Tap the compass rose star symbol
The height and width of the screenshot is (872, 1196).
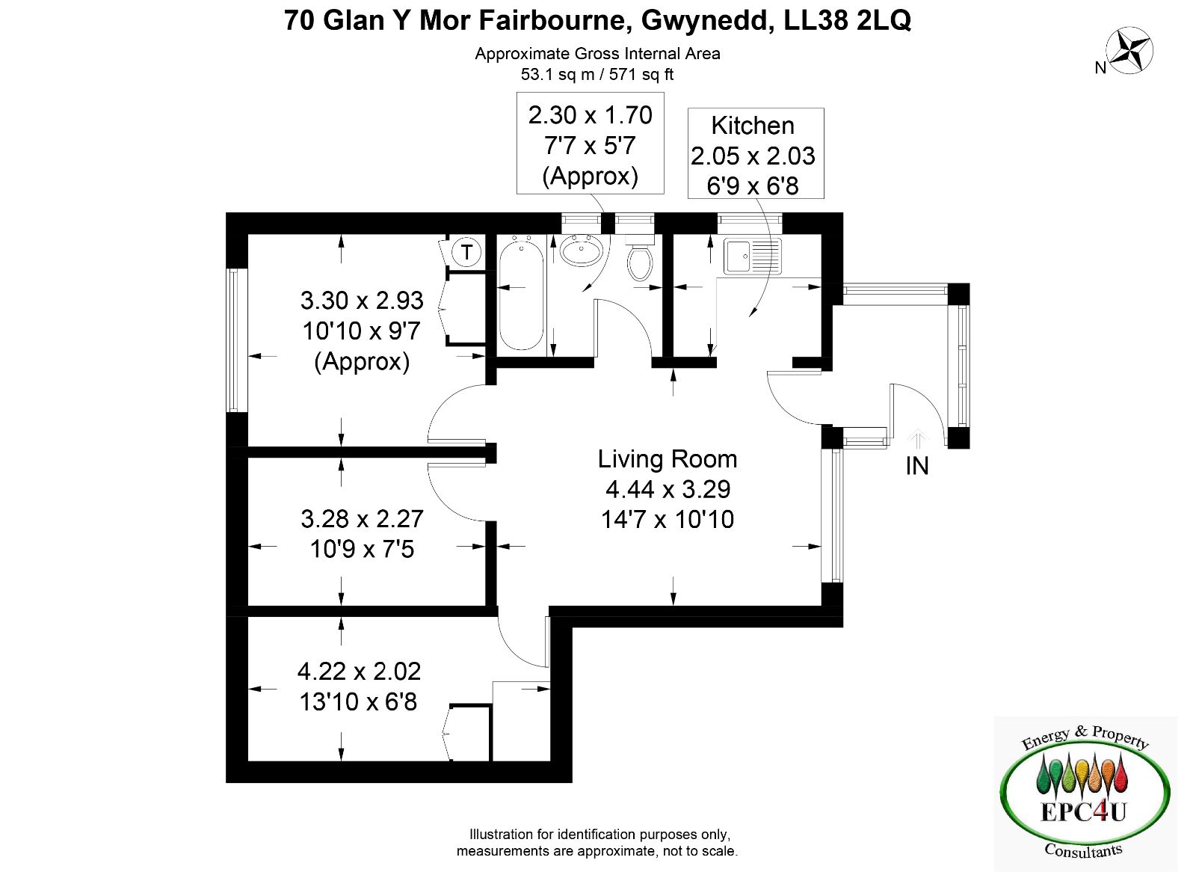[1129, 52]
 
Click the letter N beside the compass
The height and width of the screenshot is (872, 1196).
[1100, 68]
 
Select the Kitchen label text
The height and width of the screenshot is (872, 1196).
[753, 126]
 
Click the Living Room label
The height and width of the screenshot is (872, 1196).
[668, 459]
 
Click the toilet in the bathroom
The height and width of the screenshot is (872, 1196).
[639, 259]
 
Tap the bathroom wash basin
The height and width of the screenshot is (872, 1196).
[582, 250]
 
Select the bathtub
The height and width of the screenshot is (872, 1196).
[521, 295]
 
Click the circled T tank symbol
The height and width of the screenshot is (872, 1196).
[466, 252]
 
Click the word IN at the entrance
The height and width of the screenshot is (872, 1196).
[917, 467]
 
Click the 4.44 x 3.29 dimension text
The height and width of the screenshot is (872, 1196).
[668, 489]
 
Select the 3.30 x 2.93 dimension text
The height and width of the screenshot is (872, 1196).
[362, 301]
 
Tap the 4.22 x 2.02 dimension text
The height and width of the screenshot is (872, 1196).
[360, 672]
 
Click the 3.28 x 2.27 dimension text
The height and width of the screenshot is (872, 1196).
[362, 519]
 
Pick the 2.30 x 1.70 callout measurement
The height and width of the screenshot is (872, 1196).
[590, 115]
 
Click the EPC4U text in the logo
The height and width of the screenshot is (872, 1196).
[1084, 813]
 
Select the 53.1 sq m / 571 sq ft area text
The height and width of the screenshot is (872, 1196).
[597, 74]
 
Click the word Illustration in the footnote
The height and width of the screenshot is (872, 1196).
[502, 834]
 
